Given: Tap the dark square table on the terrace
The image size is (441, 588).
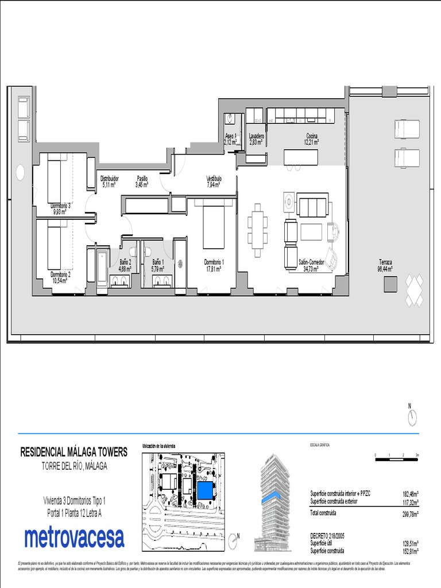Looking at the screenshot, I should [x=391, y=284].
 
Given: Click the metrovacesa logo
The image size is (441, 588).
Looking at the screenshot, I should [x=74, y=538].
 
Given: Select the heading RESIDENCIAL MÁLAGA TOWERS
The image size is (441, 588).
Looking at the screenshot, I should [x=74, y=452].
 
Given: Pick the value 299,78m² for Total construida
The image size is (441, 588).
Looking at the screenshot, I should [x=409, y=514].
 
